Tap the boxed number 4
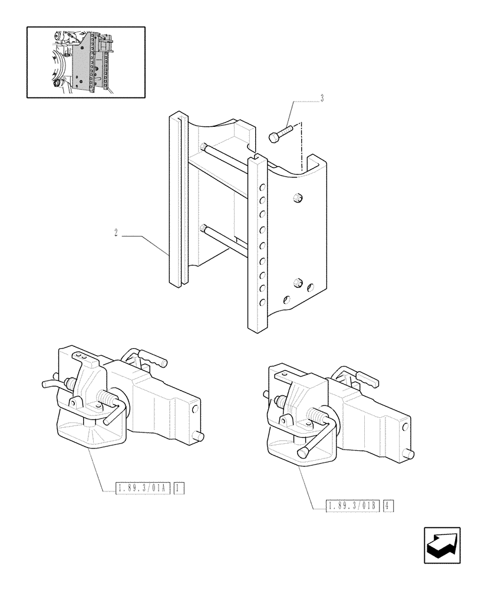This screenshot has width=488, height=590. click(x=388, y=506)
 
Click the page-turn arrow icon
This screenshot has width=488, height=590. click(x=442, y=546)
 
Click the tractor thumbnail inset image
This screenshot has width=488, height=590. click(x=86, y=62)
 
